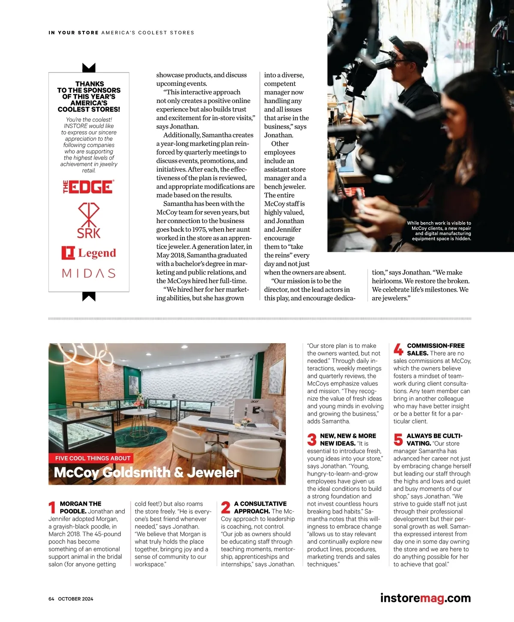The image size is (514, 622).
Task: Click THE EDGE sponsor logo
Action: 89,187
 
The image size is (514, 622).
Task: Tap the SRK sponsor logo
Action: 89,221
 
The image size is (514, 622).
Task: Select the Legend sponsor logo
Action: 89,253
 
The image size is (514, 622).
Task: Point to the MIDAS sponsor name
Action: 89,273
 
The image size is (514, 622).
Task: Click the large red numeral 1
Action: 52,507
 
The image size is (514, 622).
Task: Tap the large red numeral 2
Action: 226,507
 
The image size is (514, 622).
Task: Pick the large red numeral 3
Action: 312,440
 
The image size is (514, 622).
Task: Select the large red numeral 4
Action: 398,350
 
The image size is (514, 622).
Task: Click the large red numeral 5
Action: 398,440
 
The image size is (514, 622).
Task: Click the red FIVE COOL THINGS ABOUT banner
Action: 93,458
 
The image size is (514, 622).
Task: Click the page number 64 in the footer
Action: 51,599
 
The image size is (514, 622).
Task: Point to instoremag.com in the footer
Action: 425,598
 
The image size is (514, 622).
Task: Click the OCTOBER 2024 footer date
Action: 76,599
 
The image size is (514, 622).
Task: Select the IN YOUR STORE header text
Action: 74,33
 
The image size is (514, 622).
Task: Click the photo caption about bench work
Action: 439,231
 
